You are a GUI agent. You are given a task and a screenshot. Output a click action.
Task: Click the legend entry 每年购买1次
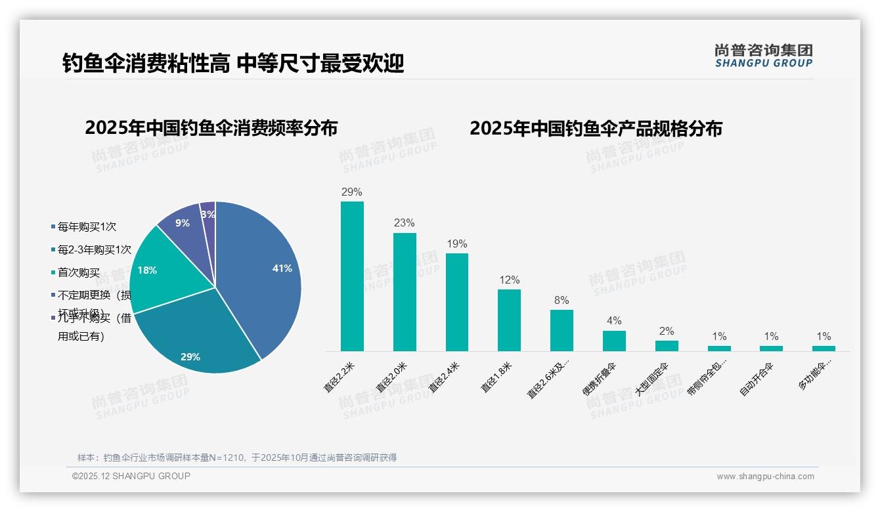(87, 227)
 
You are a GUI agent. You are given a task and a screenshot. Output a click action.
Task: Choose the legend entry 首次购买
(79, 273)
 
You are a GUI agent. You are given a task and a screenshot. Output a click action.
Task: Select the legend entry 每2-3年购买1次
(94, 250)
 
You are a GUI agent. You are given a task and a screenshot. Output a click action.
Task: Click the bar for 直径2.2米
(352, 276)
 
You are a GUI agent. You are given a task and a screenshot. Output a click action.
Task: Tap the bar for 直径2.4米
(457, 302)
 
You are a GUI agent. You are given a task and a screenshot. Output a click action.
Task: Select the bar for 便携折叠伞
(614, 341)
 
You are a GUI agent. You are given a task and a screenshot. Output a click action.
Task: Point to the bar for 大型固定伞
(667, 346)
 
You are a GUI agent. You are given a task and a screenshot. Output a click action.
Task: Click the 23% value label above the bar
(405, 223)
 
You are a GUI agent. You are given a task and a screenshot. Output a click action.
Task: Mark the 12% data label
(509, 280)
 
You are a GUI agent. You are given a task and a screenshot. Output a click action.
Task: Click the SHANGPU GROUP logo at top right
(763, 56)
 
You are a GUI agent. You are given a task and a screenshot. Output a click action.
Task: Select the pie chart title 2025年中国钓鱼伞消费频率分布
(211, 128)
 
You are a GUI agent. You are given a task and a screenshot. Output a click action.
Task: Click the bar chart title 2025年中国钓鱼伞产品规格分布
(596, 128)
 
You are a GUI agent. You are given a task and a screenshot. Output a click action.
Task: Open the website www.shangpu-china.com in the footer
(765, 477)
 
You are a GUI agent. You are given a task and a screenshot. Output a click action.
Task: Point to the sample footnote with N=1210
(237, 458)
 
